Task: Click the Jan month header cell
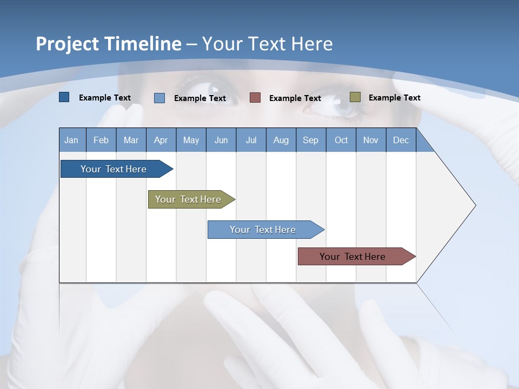tap(71, 140)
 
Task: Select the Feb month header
tap(101, 140)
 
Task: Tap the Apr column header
tap(161, 140)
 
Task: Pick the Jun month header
tap(221, 140)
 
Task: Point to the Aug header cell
tap(281, 140)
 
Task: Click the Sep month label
tap(310, 140)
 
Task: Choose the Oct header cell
tap(341, 140)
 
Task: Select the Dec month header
tap(401, 140)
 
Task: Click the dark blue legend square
tap(64, 97)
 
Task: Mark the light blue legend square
tap(159, 98)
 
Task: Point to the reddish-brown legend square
tap(255, 98)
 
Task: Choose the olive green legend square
tap(355, 97)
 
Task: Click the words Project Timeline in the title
tap(108, 44)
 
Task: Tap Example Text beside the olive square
tap(394, 97)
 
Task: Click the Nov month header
tap(371, 140)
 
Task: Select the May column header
tap(191, 140)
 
